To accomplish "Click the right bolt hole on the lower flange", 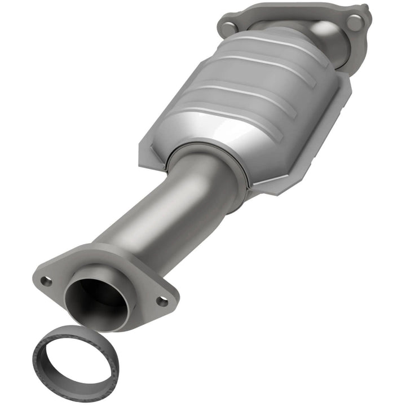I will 162,301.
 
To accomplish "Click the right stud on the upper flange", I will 355,22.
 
